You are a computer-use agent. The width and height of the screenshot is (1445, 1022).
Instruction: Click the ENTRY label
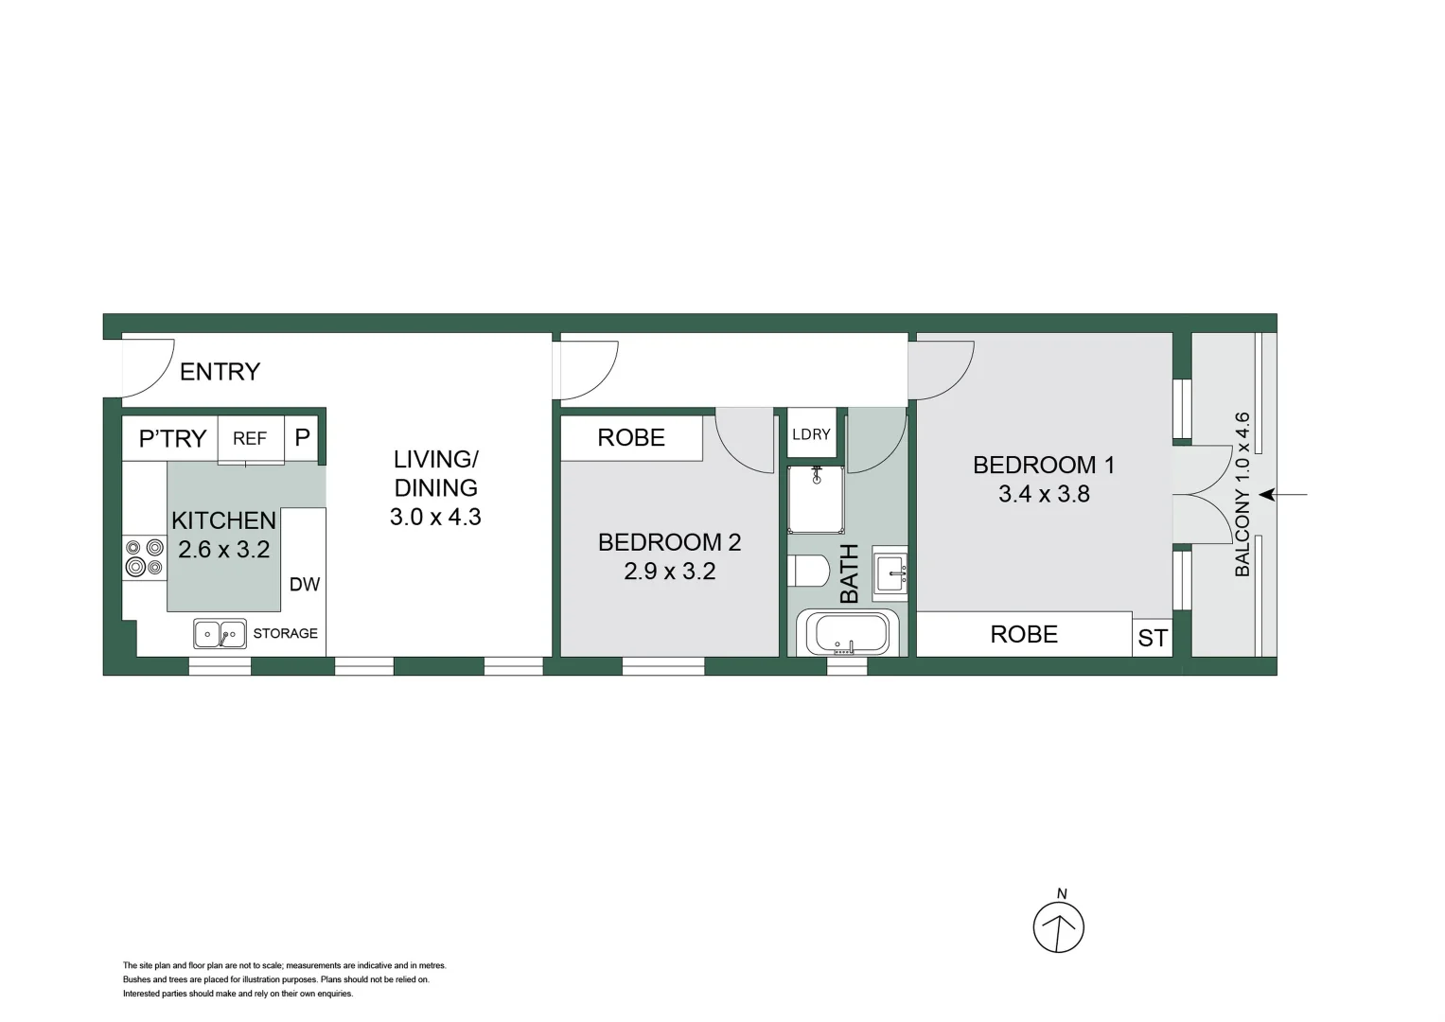coord(220,372)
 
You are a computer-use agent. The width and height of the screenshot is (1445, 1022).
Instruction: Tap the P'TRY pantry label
coord(172,439)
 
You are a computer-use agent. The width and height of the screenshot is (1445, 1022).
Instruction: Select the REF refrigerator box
coord(250,438)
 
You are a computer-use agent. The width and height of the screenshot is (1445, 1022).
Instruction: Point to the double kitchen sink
coord(220,634)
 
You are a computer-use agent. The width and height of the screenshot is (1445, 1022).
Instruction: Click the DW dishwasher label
coord(305,585)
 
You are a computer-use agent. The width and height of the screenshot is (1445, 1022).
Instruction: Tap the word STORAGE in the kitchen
coord(285,634)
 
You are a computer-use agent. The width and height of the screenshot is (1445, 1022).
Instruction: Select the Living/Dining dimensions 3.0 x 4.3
coord(435,518)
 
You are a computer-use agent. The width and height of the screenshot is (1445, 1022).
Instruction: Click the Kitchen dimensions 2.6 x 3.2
coord(224,550)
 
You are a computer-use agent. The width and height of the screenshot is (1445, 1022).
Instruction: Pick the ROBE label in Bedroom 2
coord(631,438)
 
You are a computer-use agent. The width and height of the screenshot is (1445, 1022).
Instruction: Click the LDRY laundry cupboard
coord(811,434)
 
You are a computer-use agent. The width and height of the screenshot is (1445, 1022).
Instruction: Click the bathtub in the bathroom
coord(847,634)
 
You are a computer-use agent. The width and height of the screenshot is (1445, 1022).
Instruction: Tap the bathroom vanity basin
coord(890,573)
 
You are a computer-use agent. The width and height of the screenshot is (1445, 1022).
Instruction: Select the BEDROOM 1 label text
coord(1044,466)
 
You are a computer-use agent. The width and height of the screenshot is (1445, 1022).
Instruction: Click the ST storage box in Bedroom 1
coord(1153,639)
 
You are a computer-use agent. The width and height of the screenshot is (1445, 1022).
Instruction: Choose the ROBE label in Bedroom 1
coord(1024,635)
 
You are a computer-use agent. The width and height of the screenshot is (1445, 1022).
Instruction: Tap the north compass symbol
coord(1058,926)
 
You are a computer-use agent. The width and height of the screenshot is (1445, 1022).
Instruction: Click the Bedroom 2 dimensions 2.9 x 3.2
coord(669,572)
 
